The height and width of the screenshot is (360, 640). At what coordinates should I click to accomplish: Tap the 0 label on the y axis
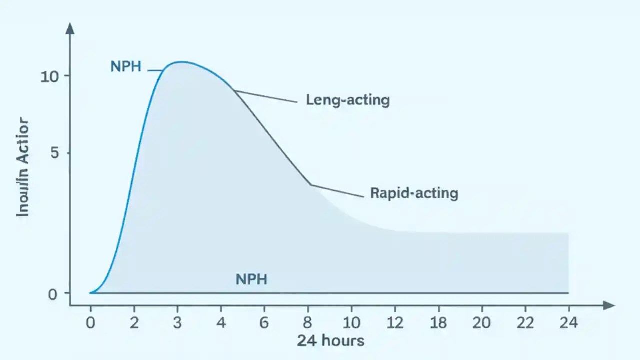pyautogui.click(x=53, y=294)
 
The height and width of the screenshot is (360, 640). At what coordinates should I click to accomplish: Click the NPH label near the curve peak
pyautogui.click(x=126, y=66)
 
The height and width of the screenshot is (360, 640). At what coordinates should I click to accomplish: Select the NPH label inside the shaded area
pyautogui.click(x=251, y=279)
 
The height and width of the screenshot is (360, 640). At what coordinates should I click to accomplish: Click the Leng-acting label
pyautogui.click(x=348, y=100)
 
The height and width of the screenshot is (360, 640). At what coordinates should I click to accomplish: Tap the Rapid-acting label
pyautogui.click(x=414, y=193)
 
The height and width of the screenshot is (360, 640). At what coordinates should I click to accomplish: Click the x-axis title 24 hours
pyautogui.click(x=330, y=341)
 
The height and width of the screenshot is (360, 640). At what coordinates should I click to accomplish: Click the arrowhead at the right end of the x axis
pyautogui.click(x=609, y=305)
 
